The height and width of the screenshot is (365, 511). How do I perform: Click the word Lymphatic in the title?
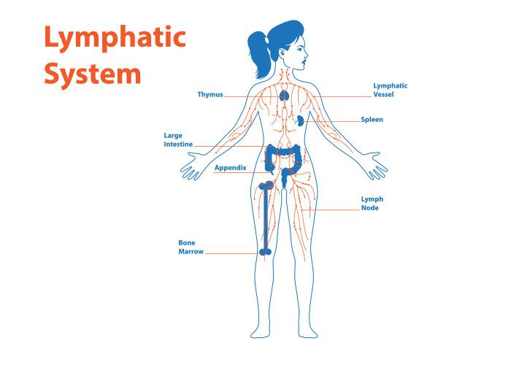pos(115,37)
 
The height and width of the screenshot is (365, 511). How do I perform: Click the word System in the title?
pos(92,74)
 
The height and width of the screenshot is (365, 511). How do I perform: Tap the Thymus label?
pos(210,94)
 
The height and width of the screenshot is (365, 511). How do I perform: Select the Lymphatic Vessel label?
pos(390,90)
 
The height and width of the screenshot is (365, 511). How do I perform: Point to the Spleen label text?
pos(372,119)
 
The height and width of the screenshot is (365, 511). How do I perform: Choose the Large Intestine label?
pos(178,140)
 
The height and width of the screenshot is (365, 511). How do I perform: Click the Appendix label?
pos(230,168)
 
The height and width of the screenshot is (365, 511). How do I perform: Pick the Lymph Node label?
pos(372,203)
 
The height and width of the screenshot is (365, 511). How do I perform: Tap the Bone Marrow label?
pos(189,247)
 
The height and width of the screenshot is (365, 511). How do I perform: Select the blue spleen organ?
pos(300,121)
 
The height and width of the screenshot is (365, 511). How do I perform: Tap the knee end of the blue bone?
pos(266,251)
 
